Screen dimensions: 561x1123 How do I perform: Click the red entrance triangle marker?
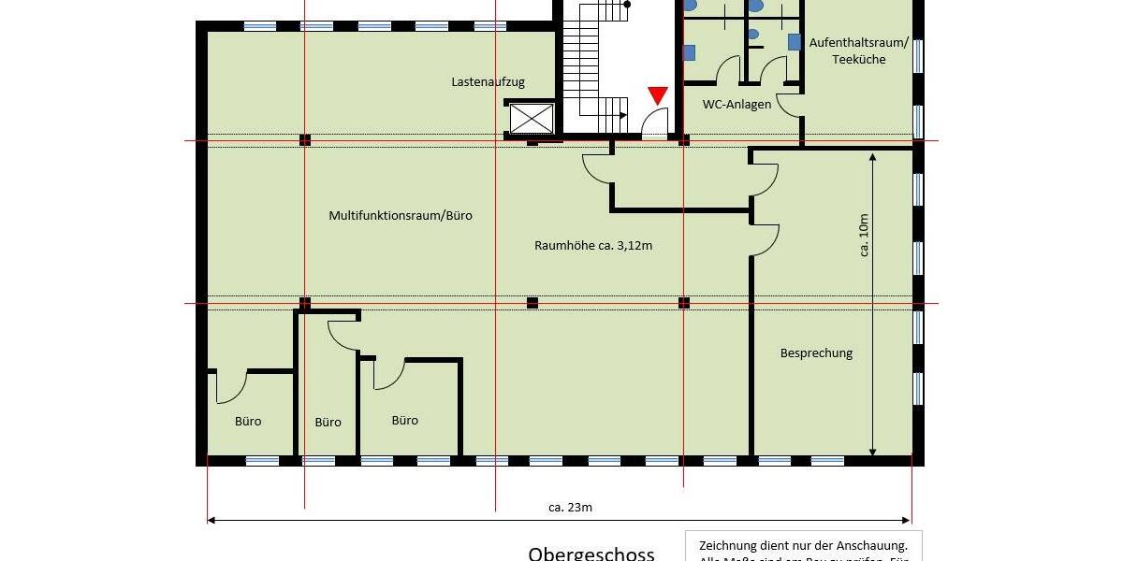coord(658,95)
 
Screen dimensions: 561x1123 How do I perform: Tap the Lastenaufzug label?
coord(488,82)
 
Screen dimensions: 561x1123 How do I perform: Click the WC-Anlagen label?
coord(737,104)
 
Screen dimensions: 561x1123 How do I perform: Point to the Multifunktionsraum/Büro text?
coord(401,215)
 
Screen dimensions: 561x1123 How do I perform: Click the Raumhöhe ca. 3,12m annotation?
coord(592,246)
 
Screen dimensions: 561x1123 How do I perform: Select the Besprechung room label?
coord(816,352)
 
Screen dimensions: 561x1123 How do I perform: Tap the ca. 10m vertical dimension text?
coord(863,234)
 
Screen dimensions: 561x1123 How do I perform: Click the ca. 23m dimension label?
coord(570,508)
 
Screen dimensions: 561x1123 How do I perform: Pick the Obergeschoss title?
coord(591,554)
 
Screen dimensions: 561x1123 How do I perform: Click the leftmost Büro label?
coord(248,421)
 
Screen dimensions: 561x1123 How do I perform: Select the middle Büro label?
coord(328,422)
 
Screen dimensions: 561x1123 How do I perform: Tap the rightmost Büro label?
coord(404,420)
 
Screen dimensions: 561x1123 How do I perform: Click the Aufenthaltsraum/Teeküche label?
coord(863,51)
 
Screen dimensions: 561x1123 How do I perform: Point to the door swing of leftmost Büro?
coord(232,389)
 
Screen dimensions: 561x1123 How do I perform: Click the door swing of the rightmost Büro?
coord(390,374)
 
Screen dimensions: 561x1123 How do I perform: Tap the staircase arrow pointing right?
coord(621,116)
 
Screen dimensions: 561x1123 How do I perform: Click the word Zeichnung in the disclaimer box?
coord(726,545)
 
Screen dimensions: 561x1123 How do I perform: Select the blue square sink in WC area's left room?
coord(689,52)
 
